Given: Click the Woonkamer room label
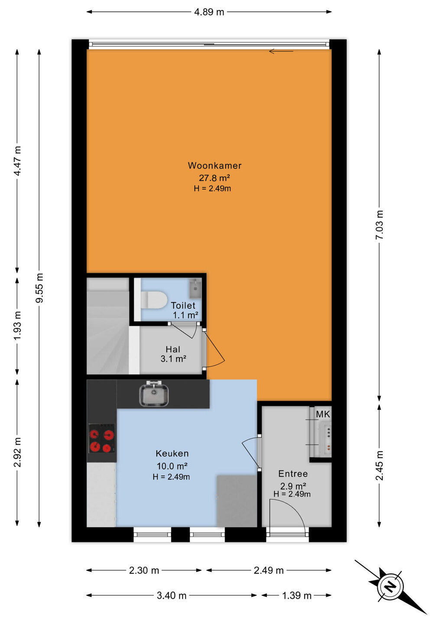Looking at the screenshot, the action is tap(214, 165).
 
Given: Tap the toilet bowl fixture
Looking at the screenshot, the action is tap(154, 300).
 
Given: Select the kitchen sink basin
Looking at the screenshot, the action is tap(154, 395).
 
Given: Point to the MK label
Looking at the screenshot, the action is tap(323, 414).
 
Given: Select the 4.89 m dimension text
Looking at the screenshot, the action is tap(209, 12).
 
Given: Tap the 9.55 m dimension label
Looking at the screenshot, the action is tap(39, 288).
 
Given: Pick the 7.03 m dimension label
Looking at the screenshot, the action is tap(379, 225).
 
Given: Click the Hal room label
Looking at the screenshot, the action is tap(173, 349).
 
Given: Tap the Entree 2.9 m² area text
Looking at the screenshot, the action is tap(293, 486).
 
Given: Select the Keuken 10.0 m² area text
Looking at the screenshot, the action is tap(172, 466).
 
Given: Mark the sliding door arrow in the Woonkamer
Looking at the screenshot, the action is tap(281, 51).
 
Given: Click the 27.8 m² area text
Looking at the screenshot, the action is tap(214, 177).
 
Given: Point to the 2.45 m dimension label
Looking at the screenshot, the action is tap(379, 466).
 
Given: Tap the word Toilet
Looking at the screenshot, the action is tap(183, 305).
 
